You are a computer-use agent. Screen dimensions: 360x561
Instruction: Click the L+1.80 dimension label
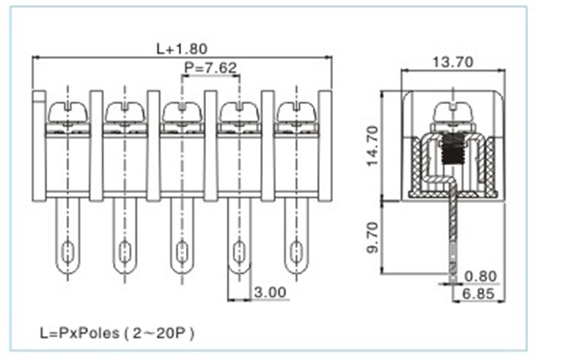click(x=181, y=49)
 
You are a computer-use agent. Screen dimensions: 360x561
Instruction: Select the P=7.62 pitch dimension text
click(x=210, y=68)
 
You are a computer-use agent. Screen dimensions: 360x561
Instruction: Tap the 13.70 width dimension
click(x=453, y=62)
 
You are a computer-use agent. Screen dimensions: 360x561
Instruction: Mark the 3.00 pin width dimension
click(x=271, y=292)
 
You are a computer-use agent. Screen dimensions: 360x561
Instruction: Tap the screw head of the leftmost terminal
click(x=67, y=112)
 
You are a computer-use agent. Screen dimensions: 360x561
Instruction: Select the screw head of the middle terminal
click(x=182, y=112)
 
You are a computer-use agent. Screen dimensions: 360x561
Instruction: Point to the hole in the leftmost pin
click(x=67, y=251)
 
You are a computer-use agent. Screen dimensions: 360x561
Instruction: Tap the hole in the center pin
click(x=182, y=251)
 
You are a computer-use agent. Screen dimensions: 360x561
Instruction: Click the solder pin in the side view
click(x=454, y=232)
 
